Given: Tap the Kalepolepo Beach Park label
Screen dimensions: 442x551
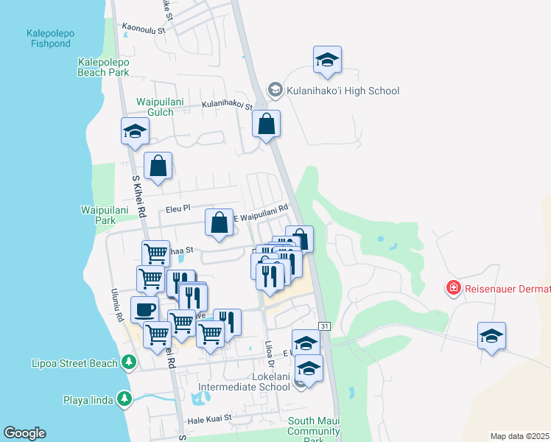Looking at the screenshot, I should [104, 67].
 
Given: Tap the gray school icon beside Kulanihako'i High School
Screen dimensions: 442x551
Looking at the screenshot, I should [275, 91].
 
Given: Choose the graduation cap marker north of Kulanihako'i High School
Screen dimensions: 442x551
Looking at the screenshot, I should [326, 60].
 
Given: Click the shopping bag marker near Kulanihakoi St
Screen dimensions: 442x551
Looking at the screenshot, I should [266, 124].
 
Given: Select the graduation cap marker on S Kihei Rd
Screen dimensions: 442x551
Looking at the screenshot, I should [135, 132].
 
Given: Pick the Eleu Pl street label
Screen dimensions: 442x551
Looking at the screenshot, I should [178, 209].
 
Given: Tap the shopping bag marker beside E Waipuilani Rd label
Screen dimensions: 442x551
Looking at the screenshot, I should [219, 224].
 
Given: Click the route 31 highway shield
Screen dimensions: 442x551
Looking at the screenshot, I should [324, 326].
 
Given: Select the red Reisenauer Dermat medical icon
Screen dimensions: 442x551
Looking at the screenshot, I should [454, 287].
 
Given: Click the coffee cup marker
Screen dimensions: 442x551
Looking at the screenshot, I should [144, 309].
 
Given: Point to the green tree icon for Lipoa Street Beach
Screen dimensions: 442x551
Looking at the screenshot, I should [130, 362].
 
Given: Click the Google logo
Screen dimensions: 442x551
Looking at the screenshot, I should [24, 433].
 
